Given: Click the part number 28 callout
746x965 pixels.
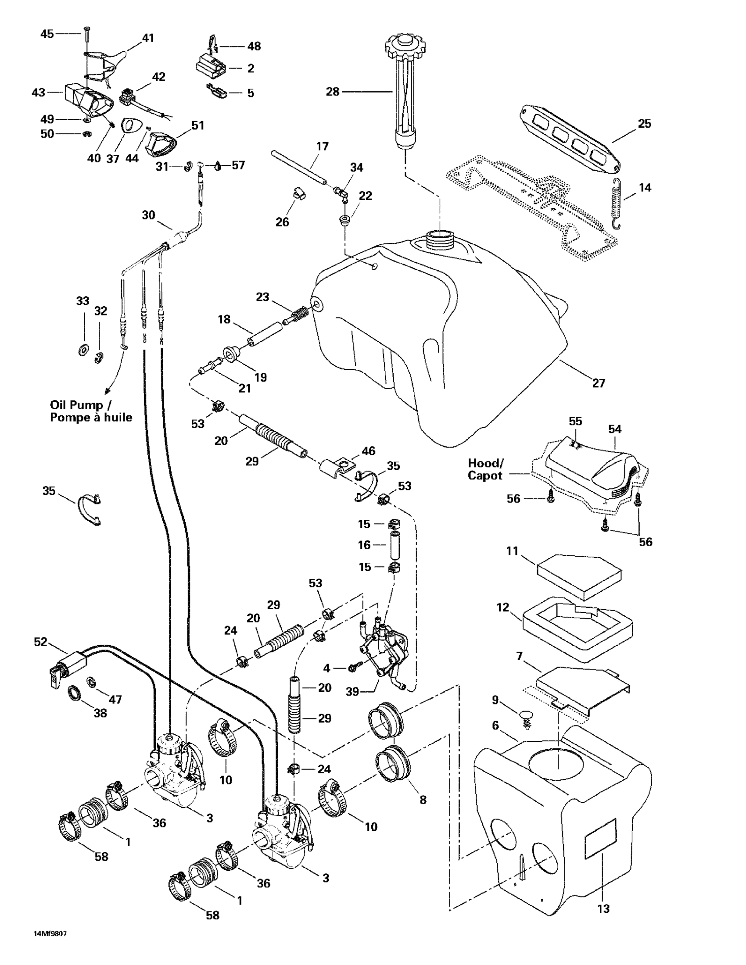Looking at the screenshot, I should pyautogui.click(x=332, y=92).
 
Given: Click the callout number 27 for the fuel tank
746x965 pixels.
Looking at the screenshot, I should pyautogui.click(x=599, y=383).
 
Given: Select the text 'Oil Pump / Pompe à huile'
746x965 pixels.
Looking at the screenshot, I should pyautogui.click(x=90, y=411).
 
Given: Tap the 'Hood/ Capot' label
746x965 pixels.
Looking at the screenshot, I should pyautogui.click(x=485, y=469).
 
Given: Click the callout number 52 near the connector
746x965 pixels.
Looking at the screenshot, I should pyautogui.click(x=40, y=642).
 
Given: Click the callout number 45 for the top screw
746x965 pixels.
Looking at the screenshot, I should pyautogui.click(x=47, y=34).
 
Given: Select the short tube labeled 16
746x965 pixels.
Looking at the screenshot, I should pyautogui.click(x=394, y=545).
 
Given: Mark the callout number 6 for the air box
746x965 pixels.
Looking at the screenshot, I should pyautogui.click(x=495, y=725).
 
